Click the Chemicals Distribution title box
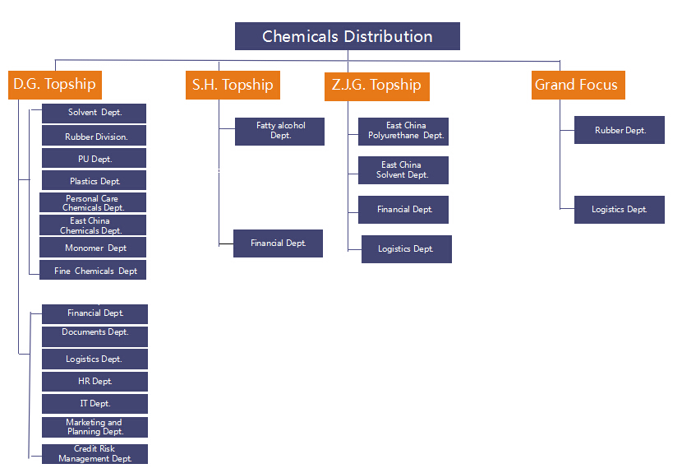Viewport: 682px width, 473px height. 347,36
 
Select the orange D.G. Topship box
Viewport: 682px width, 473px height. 55,85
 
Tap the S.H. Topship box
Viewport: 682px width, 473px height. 233,85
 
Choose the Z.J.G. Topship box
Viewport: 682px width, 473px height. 376,86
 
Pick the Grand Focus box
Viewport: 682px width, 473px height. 578,85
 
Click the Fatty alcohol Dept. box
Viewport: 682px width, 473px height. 279,131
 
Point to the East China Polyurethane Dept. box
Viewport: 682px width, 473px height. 403,131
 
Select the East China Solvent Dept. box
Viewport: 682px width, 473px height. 403,170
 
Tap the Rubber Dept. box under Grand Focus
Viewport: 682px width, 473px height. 620,130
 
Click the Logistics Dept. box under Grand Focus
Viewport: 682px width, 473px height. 620,210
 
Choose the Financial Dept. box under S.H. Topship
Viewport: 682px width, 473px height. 278,243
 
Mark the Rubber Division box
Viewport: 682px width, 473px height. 94,136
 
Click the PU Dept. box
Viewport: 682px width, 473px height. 94,158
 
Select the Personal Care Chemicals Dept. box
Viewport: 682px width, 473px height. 93,202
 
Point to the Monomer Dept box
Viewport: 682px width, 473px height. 93,248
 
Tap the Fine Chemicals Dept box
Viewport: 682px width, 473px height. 93,270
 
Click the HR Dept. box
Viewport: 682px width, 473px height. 94,382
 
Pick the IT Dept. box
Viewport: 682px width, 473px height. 94,404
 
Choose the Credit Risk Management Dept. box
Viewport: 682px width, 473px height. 94,454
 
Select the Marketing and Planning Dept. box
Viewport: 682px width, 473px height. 94,427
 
